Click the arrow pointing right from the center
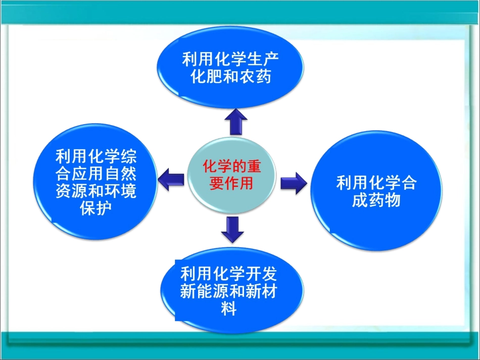(x=294, y=182)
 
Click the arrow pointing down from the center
(x=232, y=228)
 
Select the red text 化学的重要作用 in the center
(x=232, y=174)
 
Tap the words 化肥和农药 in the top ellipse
(x=229, y=77)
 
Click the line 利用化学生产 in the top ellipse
(x=230, y=60)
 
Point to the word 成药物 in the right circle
(x=376, y=200)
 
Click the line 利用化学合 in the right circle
(x=376, y=183)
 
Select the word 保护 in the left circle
(x=95, y=209)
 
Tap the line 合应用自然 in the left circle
(x=95, y=174)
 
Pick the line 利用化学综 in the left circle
(x=95, y=157)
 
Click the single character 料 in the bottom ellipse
(x=228, y=308)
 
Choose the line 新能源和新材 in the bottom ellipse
(x=228, y=291)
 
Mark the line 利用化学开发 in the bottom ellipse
(x=228, y=274)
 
